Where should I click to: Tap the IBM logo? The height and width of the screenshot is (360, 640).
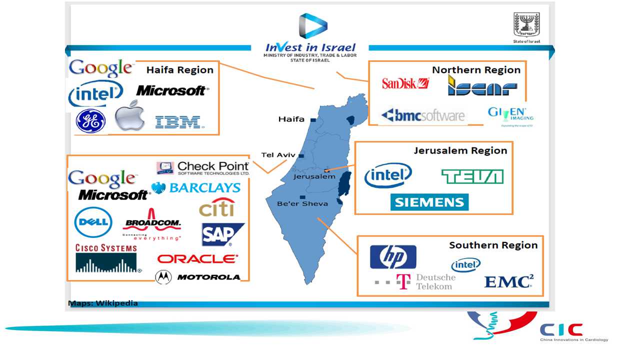pos(177,122)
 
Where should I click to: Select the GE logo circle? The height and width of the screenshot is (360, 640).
pos(90,121)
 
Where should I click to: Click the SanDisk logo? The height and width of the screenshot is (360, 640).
pos(405,83)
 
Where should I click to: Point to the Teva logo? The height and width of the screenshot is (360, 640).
pos(472,176)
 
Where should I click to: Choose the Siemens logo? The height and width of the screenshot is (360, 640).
pos(429,202)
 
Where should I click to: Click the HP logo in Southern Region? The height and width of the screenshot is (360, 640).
pos(393,257)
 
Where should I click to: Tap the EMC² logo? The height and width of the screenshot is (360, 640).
pos(508,281)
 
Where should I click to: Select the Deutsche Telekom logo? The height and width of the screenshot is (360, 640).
pos(415,281)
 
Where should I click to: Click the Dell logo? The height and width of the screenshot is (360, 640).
pos(93,221)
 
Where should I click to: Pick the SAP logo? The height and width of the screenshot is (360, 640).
pos(222,234)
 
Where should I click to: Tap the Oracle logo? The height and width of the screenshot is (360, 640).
pos(197,259)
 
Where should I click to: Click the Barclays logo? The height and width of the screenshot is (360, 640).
pos(196,188)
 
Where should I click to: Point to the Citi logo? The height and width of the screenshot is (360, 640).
pos(216,208)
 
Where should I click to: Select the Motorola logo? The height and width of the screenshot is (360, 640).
pos(197,277)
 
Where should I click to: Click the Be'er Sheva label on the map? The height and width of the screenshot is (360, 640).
pos(302,203)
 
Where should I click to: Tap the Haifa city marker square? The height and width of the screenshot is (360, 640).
pos(312,120)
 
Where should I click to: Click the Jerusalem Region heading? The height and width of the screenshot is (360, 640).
pos(460,150)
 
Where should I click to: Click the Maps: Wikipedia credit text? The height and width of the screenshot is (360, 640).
pos(103,303)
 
